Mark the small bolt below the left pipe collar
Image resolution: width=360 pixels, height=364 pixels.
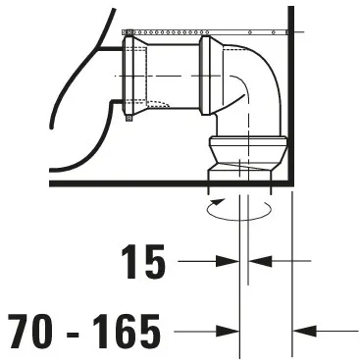(128, 120)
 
